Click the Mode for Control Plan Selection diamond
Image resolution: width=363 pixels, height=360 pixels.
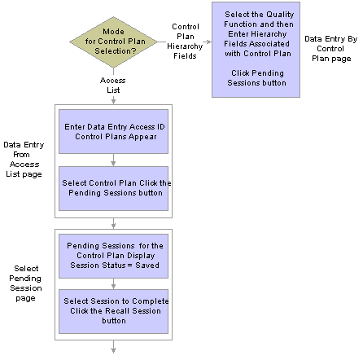click(113, 42)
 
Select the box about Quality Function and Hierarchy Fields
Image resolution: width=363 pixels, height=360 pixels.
click(256, 50)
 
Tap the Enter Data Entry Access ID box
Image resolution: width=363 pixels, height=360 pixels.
click(113, 132)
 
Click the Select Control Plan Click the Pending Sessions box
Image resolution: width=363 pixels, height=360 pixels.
click(113, 188)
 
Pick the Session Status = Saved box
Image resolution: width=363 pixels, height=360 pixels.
click(113, 256)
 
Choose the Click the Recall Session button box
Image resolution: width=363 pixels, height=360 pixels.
click(113, 311)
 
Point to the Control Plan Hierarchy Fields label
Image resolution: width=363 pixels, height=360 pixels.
click(185, 42)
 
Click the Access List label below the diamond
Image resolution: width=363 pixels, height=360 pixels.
click(113, 86)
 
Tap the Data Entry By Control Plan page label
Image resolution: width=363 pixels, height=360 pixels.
click(331, 49)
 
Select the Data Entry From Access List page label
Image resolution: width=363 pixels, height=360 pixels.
click(24, 160)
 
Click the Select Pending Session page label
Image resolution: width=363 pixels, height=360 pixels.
click(25, 283)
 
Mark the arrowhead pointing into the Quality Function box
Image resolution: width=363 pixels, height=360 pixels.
click(209, 42)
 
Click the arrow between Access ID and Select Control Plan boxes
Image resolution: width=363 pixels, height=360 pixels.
click(113, 160)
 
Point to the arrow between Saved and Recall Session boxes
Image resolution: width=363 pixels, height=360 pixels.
click(113, 283)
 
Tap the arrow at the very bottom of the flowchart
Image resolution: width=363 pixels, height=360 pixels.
click(113, 347)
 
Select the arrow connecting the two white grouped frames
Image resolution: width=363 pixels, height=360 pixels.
click(113, 223)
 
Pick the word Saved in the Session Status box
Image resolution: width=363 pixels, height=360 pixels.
click(147, 265)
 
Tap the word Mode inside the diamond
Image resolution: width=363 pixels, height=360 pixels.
click(113, 32)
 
